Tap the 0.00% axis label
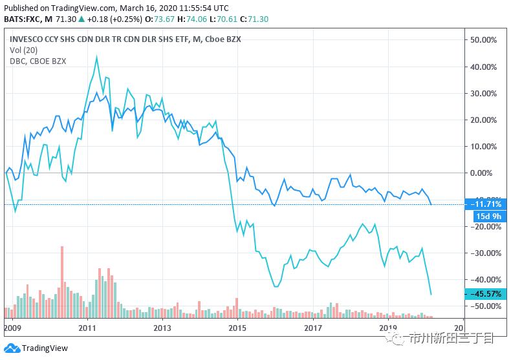point(483,173)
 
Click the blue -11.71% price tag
point(485,204)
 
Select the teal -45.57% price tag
point(485,294)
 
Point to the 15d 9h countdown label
point(485,216)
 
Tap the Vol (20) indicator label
point(23,50)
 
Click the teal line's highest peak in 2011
point(96,56)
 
